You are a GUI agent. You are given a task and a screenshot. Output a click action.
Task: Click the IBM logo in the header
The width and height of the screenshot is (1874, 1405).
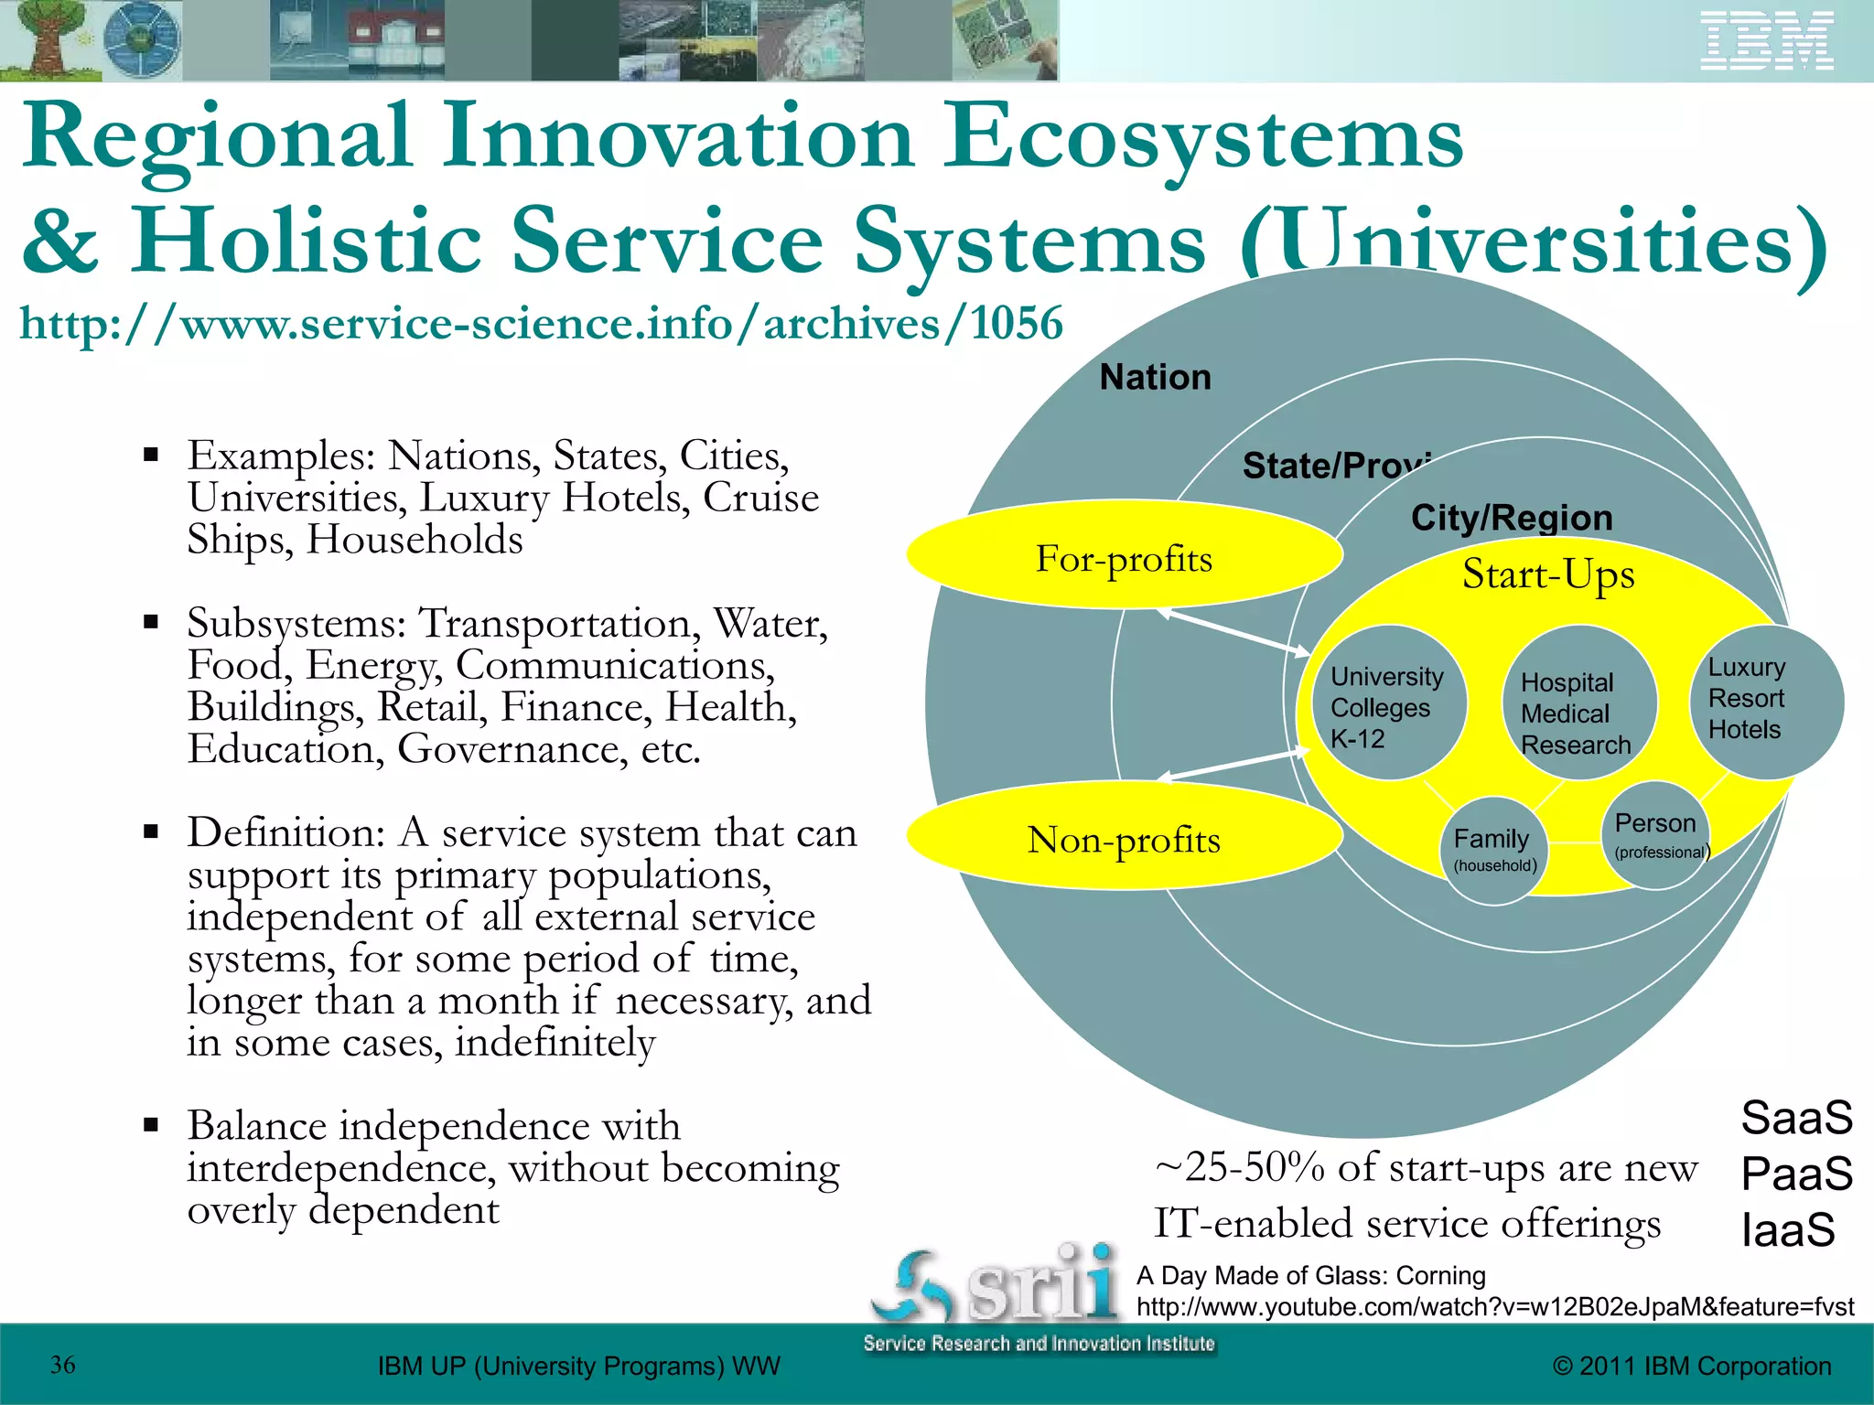pos(1766,41)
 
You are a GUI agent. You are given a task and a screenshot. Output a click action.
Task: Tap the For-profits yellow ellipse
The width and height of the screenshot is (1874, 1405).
pos(1124,555)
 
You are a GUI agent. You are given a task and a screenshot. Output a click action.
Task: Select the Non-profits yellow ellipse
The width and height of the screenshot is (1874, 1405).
pos(1124,837)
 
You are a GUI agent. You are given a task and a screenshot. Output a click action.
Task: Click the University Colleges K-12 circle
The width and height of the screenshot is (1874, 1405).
pos(1389,703)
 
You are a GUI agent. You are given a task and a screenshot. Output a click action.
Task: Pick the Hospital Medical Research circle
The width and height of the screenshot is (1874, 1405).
pos(1578,704)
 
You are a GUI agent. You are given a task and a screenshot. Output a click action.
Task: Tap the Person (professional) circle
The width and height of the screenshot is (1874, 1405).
pos(1656,835)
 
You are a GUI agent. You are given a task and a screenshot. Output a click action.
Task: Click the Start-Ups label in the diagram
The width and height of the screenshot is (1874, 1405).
pos(1548,574)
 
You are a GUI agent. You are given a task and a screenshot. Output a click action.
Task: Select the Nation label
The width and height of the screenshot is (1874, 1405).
pos(1155,377)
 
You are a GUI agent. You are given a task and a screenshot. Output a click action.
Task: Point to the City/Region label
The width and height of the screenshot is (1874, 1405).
pos(1512,518)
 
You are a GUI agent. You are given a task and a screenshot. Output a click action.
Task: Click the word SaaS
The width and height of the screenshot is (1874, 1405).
pos(1796,1118)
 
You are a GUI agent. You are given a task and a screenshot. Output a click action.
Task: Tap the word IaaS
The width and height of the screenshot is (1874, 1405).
pos(1788,1229)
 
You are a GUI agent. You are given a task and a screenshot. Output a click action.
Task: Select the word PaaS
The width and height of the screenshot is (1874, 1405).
pos(1796,1174)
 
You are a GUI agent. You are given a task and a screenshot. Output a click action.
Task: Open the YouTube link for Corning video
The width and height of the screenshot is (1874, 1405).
pos(1494,1306)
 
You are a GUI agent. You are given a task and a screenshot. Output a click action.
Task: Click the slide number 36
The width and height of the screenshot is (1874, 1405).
pos(63,1365)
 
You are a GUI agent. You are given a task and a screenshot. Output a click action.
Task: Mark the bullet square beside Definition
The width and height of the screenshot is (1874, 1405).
pos(152,832)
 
